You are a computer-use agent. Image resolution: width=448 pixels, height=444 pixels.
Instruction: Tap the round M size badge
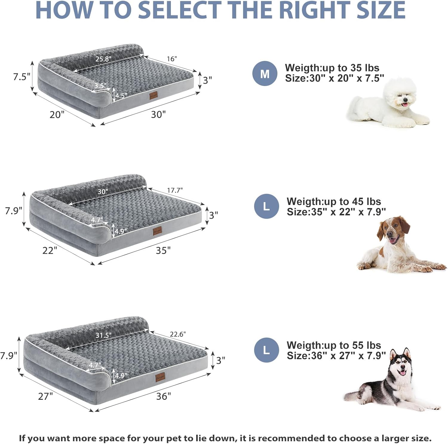coord(265,74)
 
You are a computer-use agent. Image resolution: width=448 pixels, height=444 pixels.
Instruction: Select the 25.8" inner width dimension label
coord(103,59)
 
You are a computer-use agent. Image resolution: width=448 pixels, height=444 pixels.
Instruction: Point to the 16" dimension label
coord(172,59)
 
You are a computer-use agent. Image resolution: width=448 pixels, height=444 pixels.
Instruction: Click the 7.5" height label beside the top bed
coord(22,77)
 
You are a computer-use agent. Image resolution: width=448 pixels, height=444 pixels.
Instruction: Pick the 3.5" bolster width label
coord(100,86)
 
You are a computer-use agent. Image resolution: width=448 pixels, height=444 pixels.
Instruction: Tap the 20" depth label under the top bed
coord(57,114)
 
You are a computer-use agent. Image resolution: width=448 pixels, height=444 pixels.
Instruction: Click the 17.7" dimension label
coord(175,190)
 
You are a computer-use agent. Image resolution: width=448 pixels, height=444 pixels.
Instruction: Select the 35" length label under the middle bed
coord(163,250)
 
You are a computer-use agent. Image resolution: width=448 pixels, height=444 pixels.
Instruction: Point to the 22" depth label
coord(50,250)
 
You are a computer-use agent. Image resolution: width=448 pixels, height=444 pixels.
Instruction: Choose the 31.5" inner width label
coord(103,335)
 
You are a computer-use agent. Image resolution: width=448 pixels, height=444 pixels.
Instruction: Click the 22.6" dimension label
coord(178,334)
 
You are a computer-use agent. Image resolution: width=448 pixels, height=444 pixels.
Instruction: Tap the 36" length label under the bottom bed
coord(163,396)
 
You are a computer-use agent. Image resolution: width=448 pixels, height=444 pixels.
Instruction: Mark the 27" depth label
coord(45,396)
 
